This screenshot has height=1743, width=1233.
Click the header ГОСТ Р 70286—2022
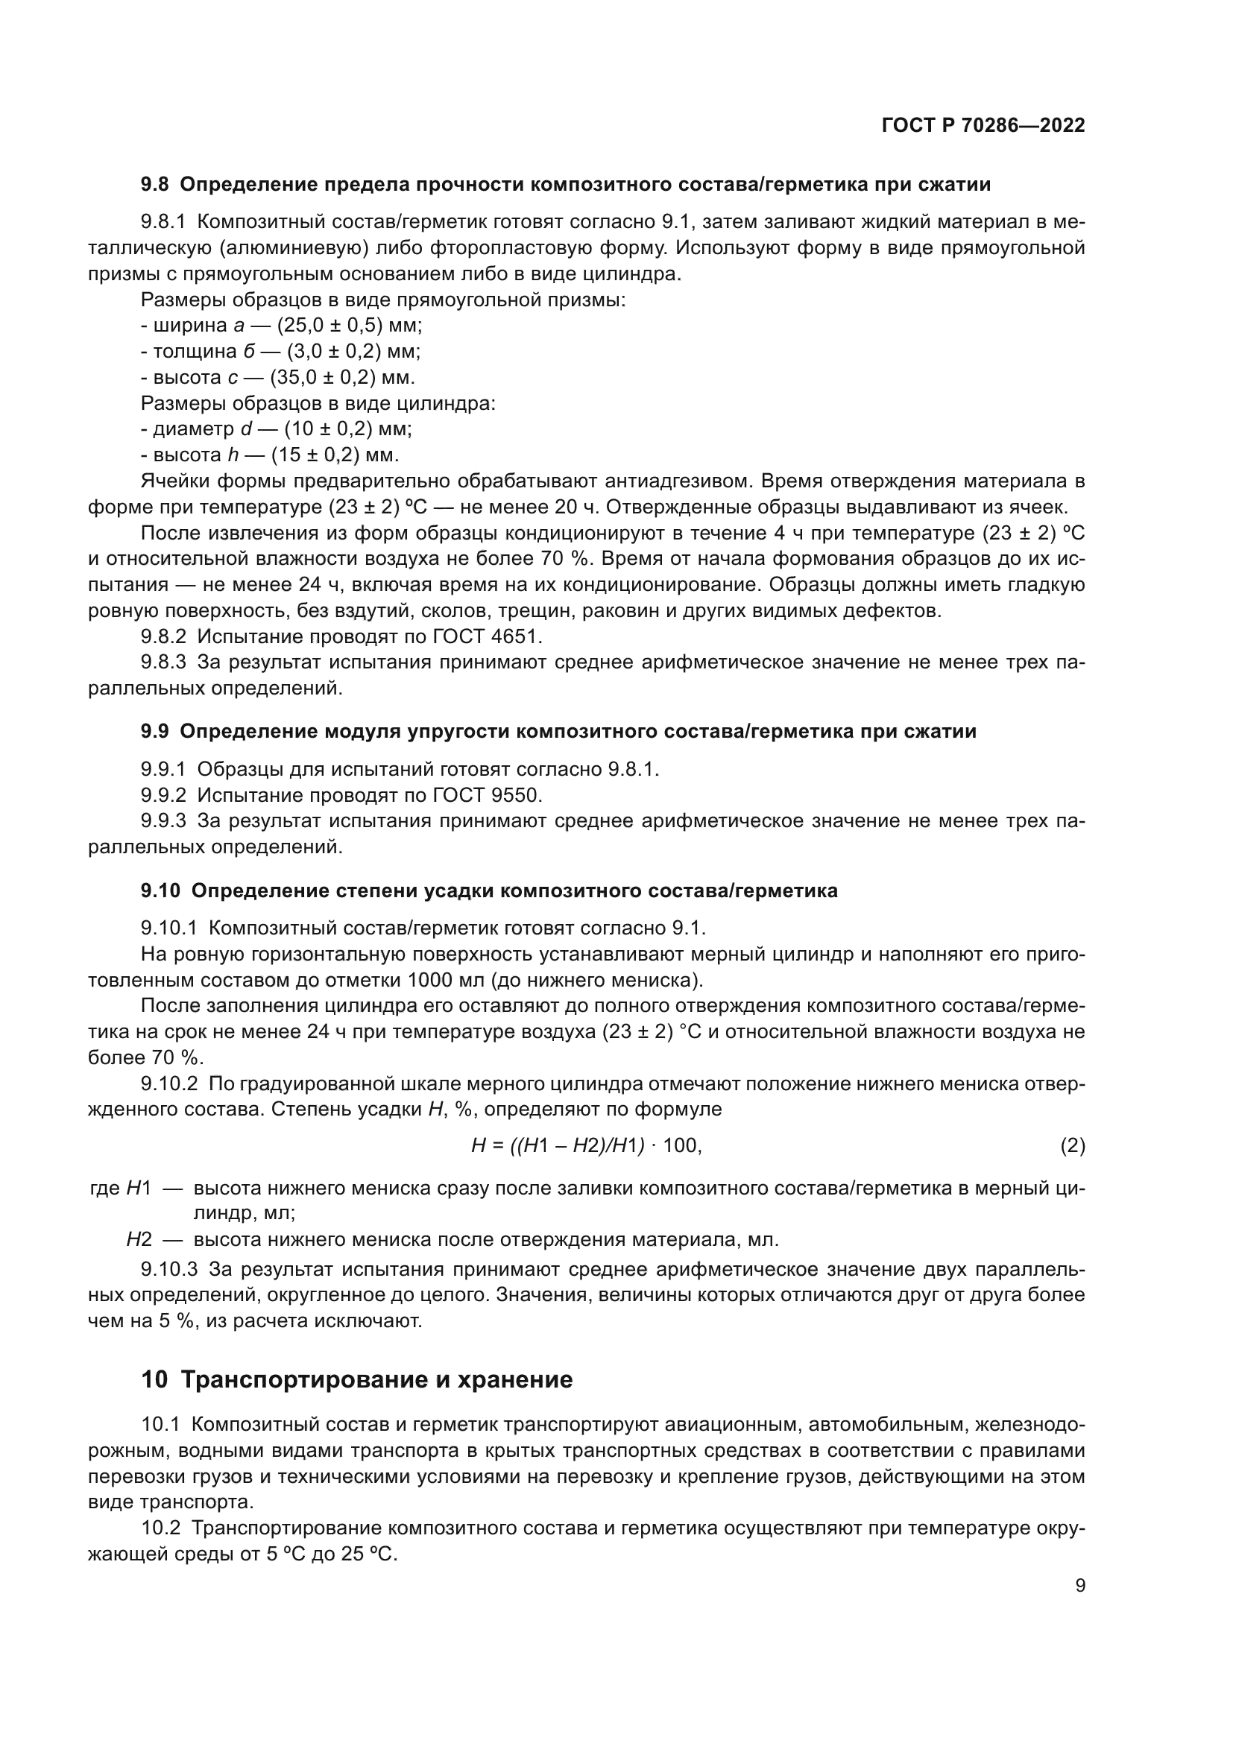983,126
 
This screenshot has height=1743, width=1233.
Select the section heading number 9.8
156,185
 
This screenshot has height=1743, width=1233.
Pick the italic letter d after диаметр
246,429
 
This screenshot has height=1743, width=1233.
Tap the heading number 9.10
160,891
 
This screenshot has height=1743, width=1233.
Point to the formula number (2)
1072,1145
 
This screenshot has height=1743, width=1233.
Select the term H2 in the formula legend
139,1240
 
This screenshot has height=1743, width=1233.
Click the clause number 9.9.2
163,796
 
